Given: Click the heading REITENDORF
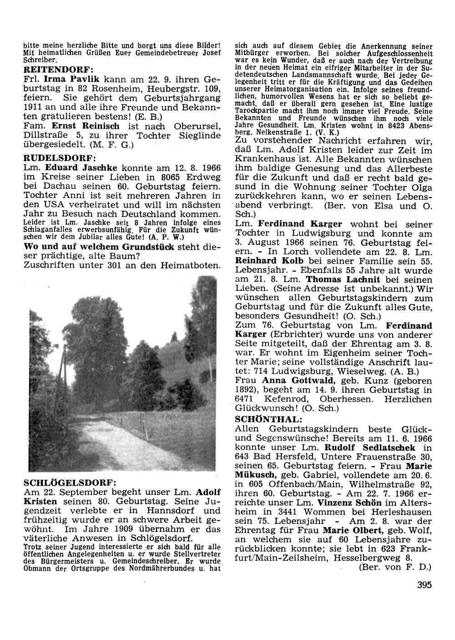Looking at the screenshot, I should [x=58, y=70].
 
